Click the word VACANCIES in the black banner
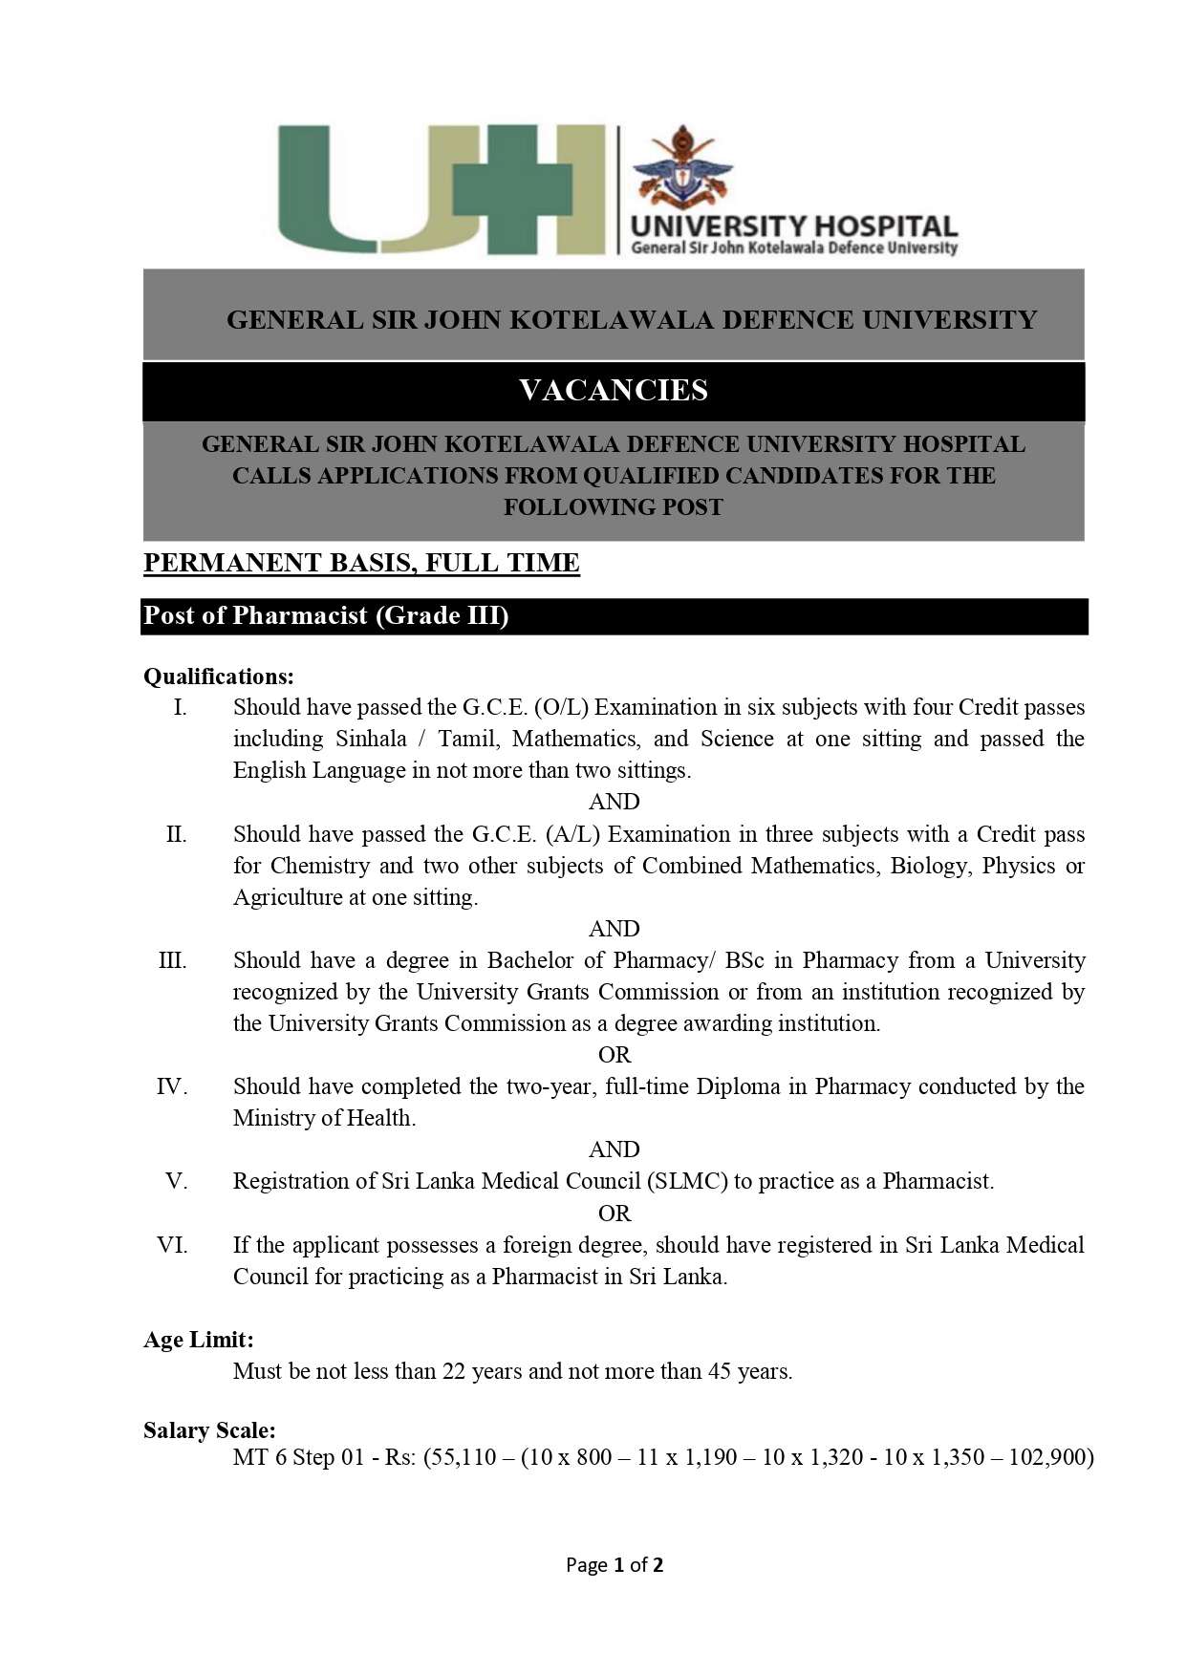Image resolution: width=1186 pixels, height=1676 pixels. [x=614, y=390]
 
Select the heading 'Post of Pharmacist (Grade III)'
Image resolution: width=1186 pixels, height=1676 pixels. [x=326, y=615]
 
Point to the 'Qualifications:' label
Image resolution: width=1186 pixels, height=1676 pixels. [x=219, y=677]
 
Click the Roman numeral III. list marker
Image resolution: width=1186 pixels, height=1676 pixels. [x=173, y=960]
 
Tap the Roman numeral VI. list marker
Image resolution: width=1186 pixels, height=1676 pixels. [x=172, y=1245]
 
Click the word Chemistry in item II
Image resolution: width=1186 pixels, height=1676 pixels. [x=320, y=866]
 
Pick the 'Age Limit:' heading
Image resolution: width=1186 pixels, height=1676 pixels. [x=199, y=1340]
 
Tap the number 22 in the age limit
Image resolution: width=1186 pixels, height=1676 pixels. [x=453, y=1371]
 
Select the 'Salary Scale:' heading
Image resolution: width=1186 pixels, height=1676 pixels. [x=209, y=1430]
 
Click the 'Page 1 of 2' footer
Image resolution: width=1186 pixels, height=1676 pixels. [x=615, y=1565]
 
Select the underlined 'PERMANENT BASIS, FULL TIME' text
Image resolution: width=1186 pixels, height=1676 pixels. [x=361, y=563]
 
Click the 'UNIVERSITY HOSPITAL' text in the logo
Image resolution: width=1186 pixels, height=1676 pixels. [x=793, y=226]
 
